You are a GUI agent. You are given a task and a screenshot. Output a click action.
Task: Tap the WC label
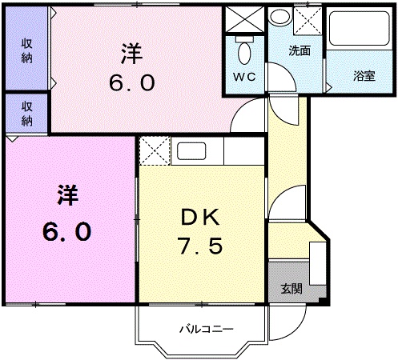244,77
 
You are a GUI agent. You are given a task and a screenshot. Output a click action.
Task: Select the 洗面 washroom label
300,50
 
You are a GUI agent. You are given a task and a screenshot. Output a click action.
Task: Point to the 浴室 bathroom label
364,76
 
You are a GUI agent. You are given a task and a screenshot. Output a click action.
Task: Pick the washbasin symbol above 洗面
280,17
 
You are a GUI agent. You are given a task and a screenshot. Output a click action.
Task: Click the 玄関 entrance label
292,288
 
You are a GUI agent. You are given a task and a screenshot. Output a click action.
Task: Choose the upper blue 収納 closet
26,50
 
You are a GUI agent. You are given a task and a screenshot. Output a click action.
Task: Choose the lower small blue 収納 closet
26,112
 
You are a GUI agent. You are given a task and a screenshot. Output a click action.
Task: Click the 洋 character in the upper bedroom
132,52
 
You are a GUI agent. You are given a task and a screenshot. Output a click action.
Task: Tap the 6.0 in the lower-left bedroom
66,232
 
